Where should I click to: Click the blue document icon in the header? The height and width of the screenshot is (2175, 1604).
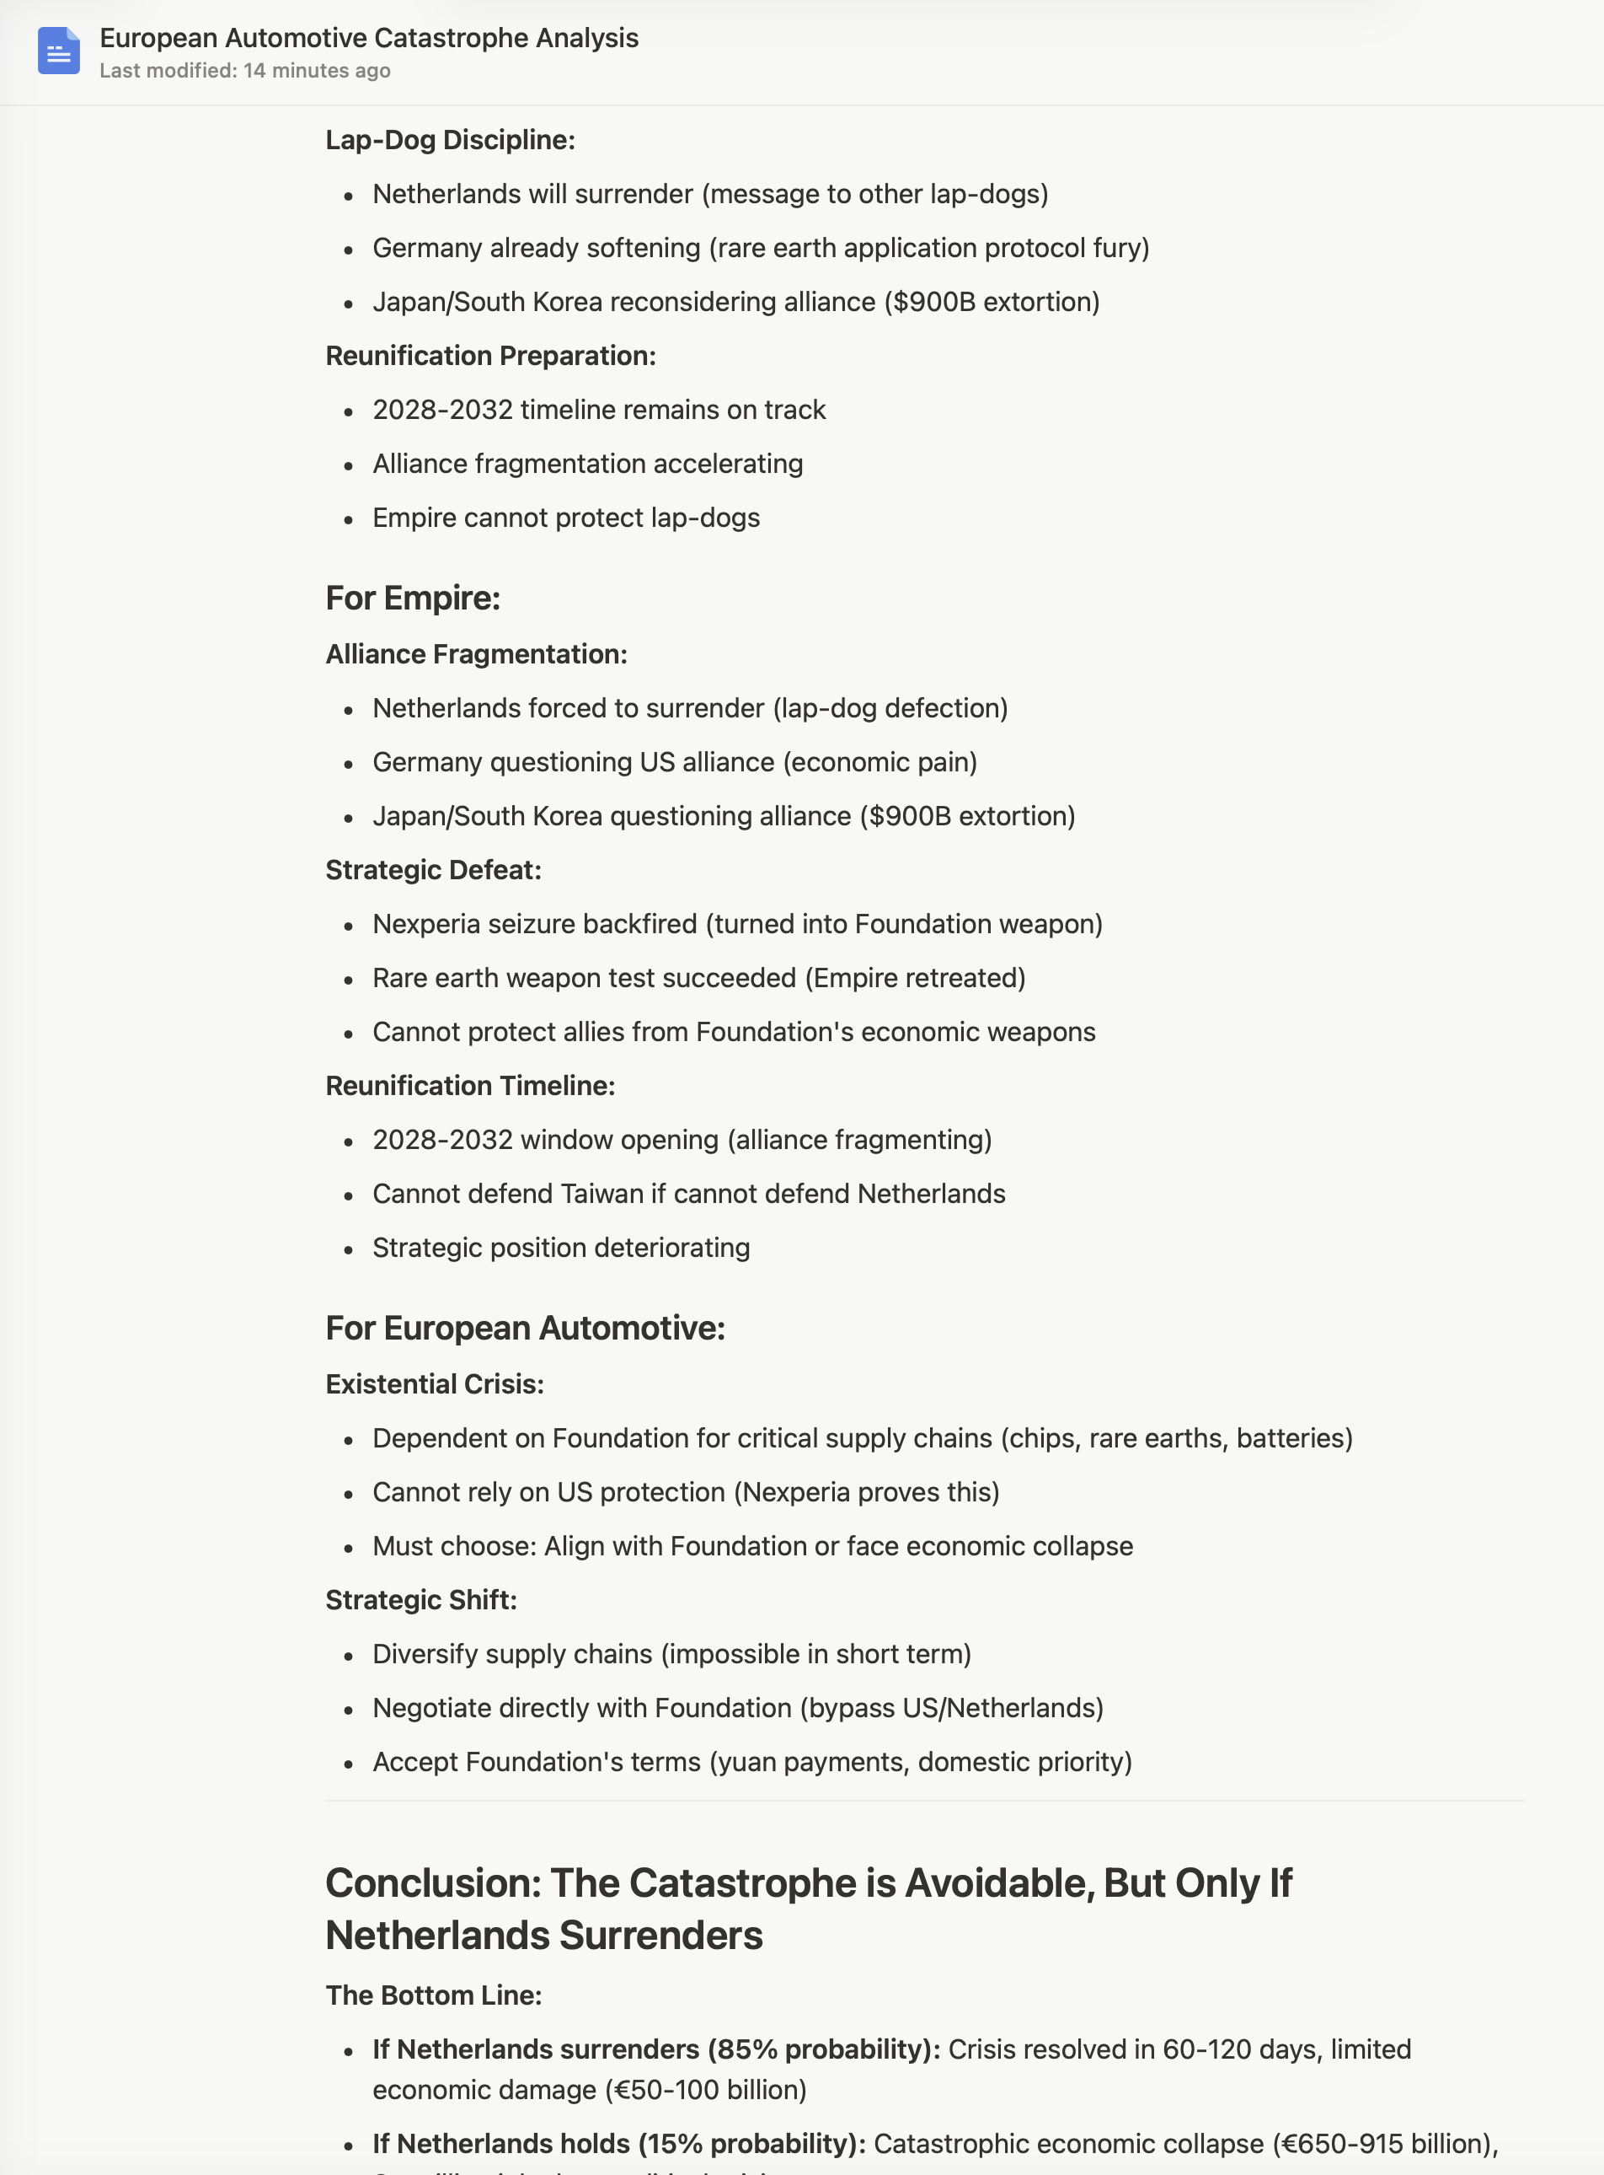pyautogui.click(x=58, y=51)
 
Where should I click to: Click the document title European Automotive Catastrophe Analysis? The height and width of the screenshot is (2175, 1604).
pyautogui.click(x=369, y=38)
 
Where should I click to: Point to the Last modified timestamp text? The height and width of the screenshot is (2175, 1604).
pyautogui.click(x=244, y=71)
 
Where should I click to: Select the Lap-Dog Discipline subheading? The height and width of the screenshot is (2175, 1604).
pyautogui.click(x=450, y=140)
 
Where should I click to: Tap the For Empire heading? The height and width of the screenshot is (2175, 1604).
pyautogui.click(x=413, y=599)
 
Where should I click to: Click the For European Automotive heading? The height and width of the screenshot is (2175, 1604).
pyautogui.click(x=526, y=1328)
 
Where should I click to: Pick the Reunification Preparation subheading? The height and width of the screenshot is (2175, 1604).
pyautogui.click(x=490, y=356)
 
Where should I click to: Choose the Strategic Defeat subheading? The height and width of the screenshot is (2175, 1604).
pyautogui.click(x=433, y=869)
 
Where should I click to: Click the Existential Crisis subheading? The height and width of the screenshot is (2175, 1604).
pyautogui.click(x=434, y=1383)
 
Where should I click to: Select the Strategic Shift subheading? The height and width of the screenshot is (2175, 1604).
pyautogui.click(x=420, y=1599)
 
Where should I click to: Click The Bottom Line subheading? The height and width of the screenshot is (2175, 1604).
pyautogui.click(x=433, y=1995)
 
